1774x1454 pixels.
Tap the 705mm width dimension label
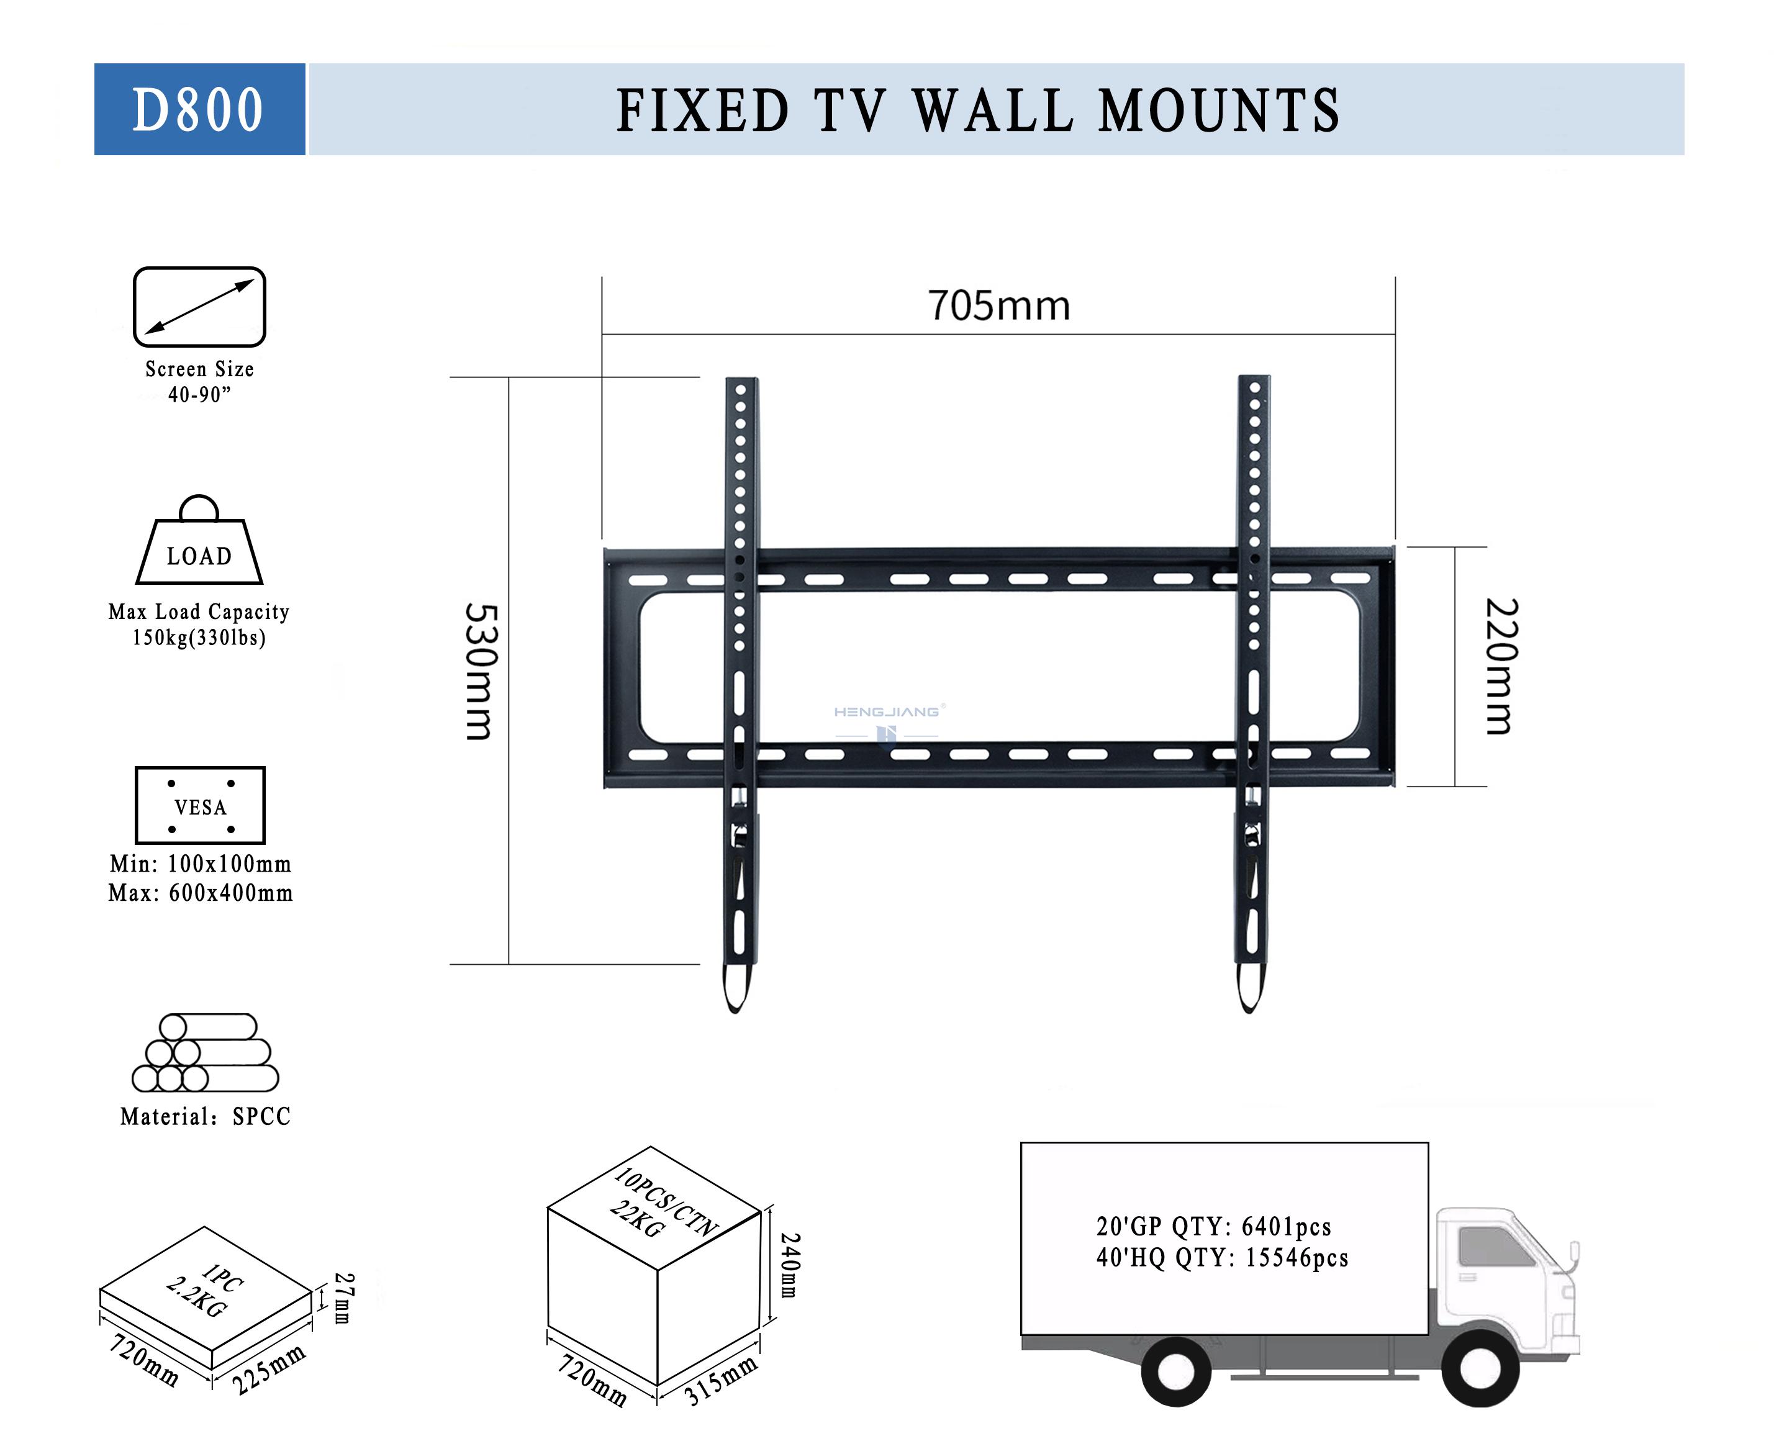998,305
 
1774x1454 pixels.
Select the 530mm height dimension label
482,671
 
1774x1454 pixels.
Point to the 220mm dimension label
1501,666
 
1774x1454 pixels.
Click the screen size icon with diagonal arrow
199,307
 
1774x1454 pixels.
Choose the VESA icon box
200,805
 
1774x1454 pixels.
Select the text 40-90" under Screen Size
199,394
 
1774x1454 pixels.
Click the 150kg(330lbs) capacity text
199,638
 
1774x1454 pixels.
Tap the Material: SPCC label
205,1116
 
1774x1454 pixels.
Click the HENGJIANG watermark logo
887,720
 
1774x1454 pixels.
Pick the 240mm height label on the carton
790,1264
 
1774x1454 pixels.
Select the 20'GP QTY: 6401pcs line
1214,1226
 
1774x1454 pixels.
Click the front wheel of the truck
1479,1368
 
